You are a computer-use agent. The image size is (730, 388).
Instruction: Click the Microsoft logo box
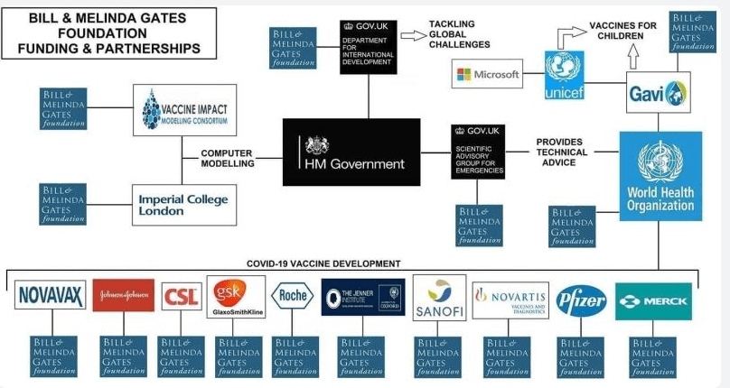click(489, 75)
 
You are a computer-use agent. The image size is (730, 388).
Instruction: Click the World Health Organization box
click(660, 176)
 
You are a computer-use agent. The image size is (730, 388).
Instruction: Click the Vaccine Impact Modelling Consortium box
click(183, 110)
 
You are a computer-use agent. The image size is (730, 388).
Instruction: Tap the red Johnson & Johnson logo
click(124, 295)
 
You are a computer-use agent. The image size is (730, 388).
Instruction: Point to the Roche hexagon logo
click(294, 296)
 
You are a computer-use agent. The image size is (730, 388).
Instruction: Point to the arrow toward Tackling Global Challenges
click(413, 35)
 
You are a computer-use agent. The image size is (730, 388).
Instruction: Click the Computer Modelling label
click(226, 158)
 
